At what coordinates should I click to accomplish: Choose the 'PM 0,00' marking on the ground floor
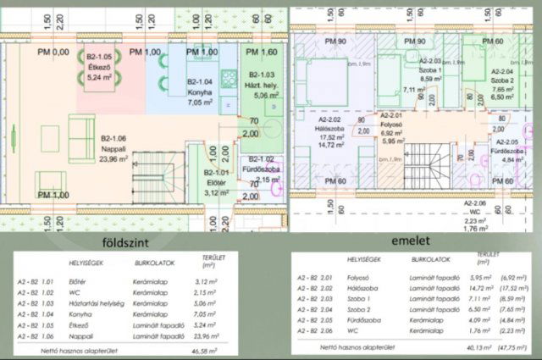tap(55, 53)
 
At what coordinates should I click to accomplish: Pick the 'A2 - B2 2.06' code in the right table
tap(314, 335)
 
